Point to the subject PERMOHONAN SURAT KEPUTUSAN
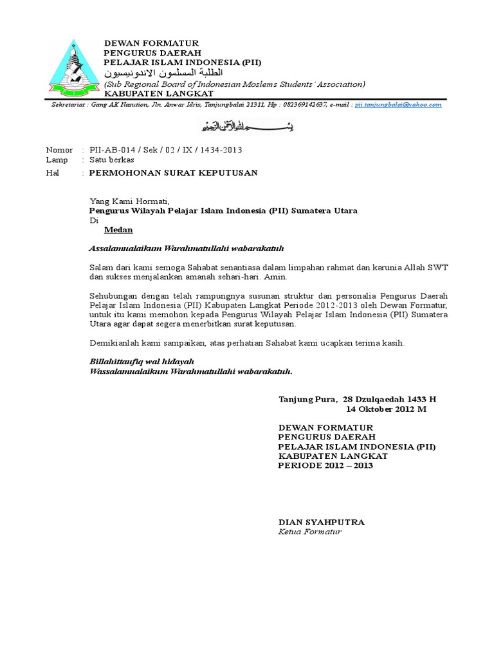[x=173, y=172]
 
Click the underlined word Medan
[x=119, y=229]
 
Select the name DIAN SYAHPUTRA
[x=321, y=522]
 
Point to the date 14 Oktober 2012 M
[x=386, y=409]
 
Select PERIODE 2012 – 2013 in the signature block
[x=325, y=465]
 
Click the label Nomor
[x=60, y=150]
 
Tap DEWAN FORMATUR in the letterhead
[x=152, y=42]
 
